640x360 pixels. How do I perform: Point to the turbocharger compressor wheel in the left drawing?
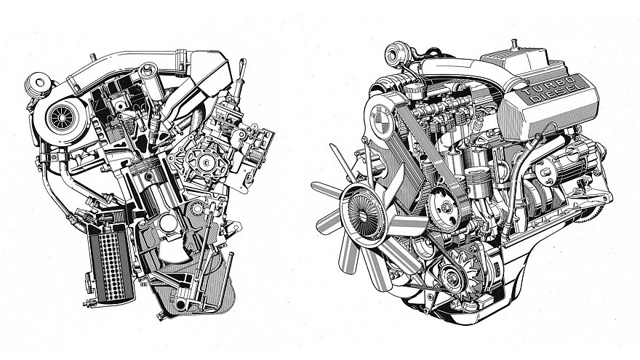[57, 116]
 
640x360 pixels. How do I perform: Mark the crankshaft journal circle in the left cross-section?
[169, 223]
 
